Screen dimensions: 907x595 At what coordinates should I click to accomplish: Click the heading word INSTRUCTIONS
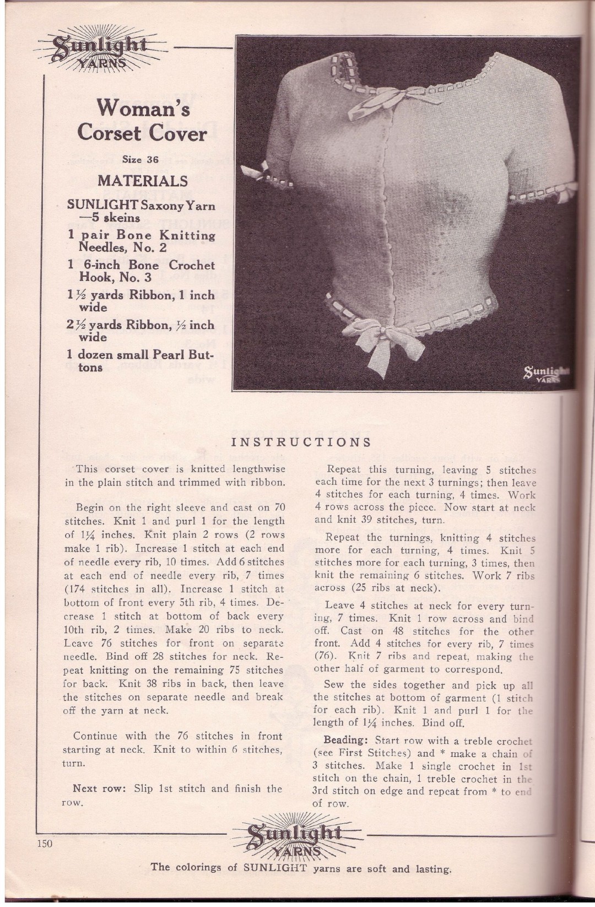click(300, 441)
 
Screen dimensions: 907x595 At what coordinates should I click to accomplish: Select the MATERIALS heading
click(143, 181)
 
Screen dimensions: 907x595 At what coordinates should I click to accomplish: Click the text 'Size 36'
click(140, 160)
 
